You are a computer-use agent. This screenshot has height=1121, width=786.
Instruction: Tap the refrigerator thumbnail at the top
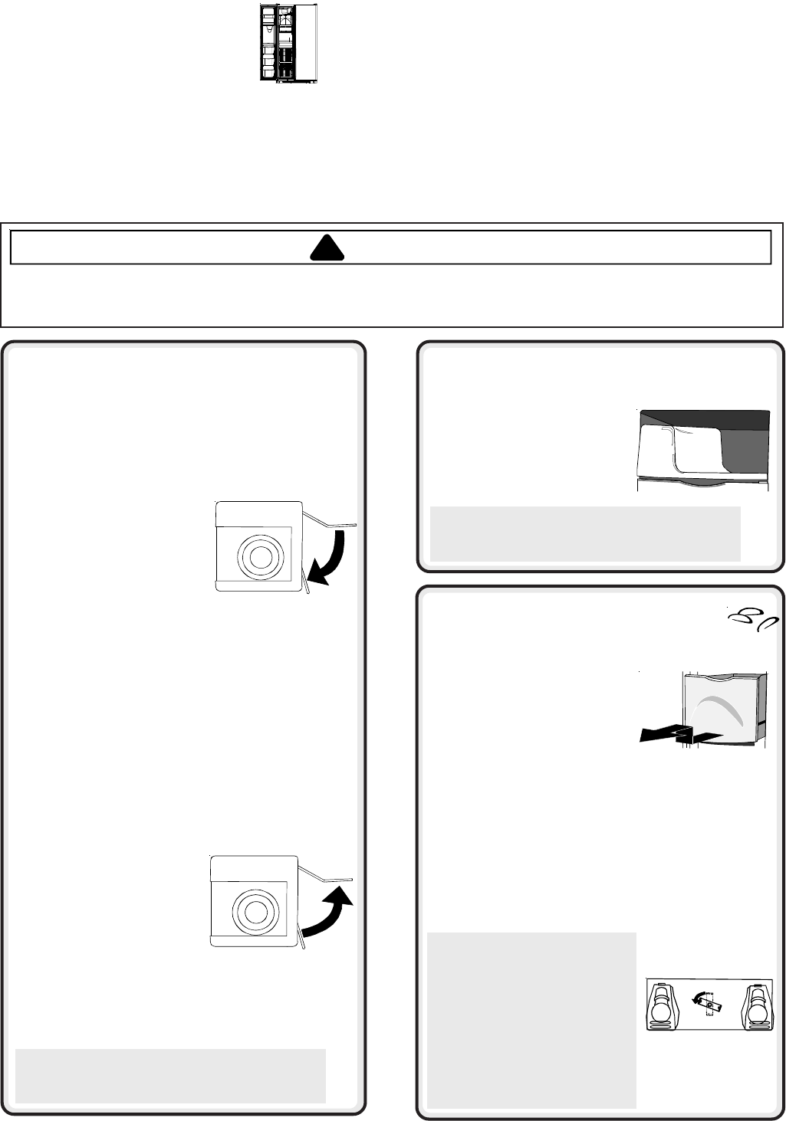coord(288,43)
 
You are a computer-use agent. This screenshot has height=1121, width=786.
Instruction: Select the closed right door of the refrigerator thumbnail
coord(306,43)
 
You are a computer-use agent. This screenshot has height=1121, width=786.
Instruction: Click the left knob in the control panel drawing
coord(660,1005)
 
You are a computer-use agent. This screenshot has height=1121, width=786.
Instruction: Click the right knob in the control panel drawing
coord(757,1005)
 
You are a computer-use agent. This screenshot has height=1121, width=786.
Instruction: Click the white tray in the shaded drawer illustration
coord(679,452)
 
